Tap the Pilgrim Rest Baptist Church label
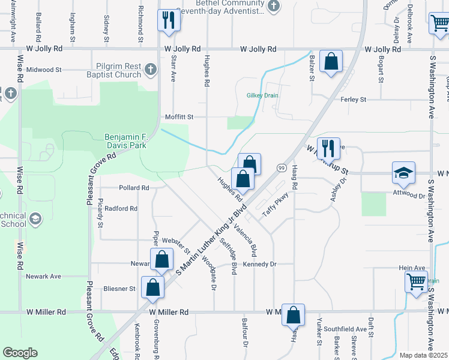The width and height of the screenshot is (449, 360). point(118,71)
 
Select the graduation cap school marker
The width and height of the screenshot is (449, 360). point(403,173)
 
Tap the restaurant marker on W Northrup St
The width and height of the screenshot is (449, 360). point(328,149)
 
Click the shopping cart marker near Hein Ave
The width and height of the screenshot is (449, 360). point(415,281)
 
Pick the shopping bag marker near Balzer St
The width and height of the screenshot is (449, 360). point(331,61)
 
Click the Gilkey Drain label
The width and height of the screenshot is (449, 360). point(262,95)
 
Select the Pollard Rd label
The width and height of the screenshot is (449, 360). point(134,188)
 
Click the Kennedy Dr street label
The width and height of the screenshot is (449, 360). point(259,264)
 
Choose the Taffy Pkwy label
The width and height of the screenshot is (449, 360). point(276,204)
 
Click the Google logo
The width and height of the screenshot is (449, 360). point(20,353)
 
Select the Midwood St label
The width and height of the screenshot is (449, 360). point(44,70)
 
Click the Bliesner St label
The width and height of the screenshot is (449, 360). point(119,289)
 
